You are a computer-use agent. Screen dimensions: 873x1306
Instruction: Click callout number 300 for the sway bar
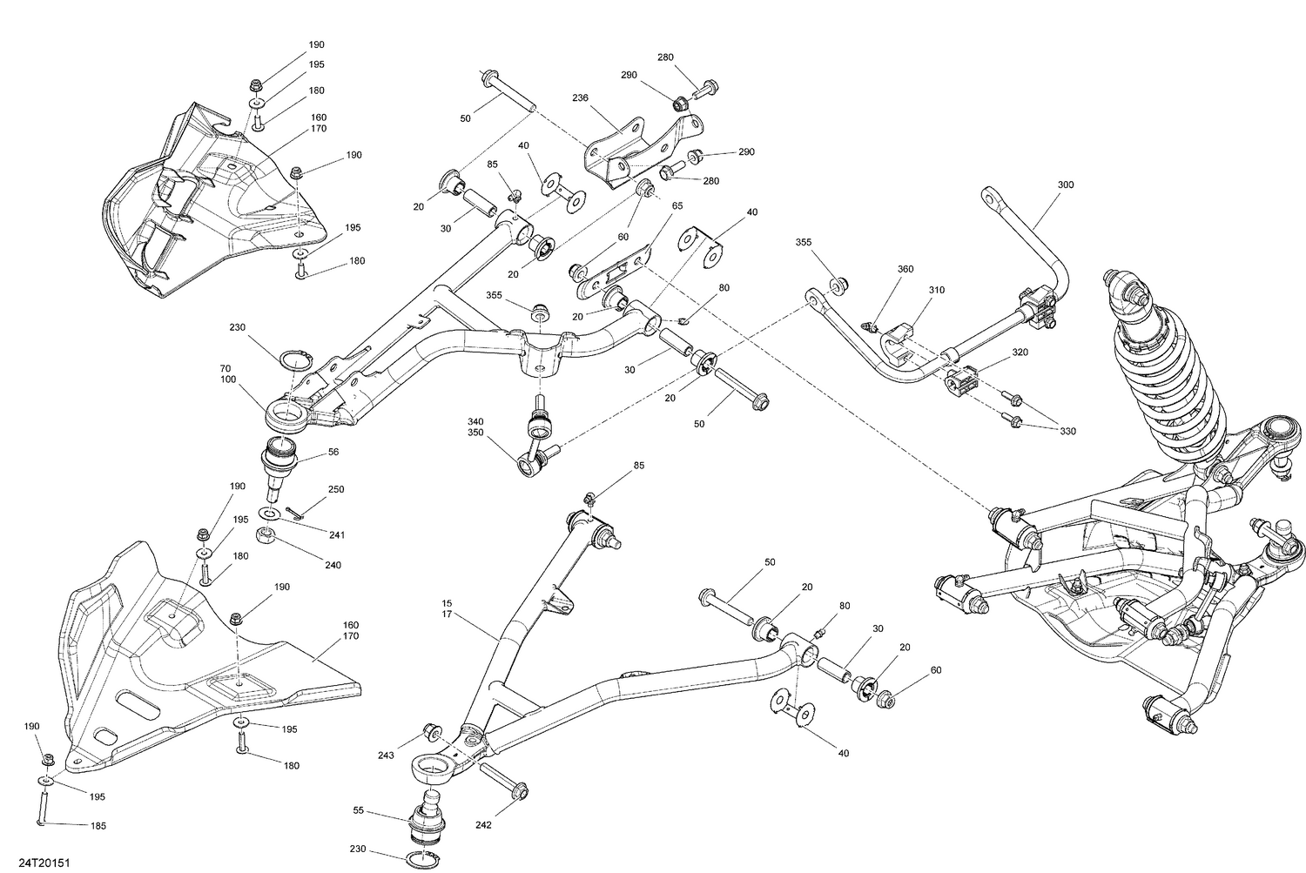click(x=1066, y=185)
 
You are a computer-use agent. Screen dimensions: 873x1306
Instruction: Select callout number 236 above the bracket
click(x=581, y=99)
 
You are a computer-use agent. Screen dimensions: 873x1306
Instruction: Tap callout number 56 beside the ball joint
click(x=333, y=453)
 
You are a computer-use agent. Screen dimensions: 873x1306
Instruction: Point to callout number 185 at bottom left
click(x=98, y=826)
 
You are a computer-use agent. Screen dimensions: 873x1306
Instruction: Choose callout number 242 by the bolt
click(x=484, y=824)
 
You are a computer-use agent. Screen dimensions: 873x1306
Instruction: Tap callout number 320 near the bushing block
click(x=1020, y=353)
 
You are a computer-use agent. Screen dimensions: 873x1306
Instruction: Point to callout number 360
click(x=905, y=270)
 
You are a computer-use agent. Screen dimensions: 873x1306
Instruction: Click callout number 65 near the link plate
click(x=677, y=205)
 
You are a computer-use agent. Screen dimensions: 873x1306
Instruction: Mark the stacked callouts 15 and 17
click(x=447, y=609)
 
